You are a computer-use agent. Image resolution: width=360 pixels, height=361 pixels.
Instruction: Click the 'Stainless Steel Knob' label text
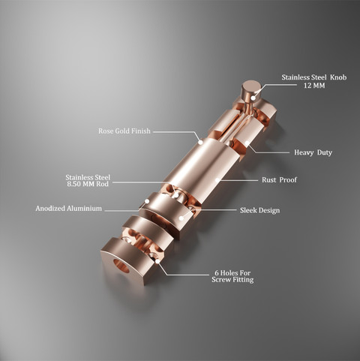pyautogui.click(x=314, y=77)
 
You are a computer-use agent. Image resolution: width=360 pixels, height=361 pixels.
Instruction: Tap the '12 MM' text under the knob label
pyautogui.click(x=314, y=86)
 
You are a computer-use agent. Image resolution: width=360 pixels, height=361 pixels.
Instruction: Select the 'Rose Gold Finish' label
pyautogui.click(x=124, y=131)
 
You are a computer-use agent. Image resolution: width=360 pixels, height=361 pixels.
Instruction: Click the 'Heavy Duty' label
pyautogui.click(x=313, y=152)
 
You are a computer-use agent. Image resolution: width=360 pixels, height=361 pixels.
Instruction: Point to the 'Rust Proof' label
pyautogui.click(x=279, y=180)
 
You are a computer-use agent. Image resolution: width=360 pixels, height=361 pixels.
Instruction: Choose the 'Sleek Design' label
pyautogui.click(x=260, y=210)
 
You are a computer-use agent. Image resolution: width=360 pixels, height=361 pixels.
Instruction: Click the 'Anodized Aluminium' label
pyautogui.click(x=69, y=209)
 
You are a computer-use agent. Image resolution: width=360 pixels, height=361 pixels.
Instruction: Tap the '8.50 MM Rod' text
pyautogui.click(x=88, y=184)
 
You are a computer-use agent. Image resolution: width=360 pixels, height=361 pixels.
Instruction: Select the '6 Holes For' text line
pyautogui.click(x=232, y=272)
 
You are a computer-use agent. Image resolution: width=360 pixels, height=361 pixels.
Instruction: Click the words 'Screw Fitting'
pyautogui.click(x=232, y=279)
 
